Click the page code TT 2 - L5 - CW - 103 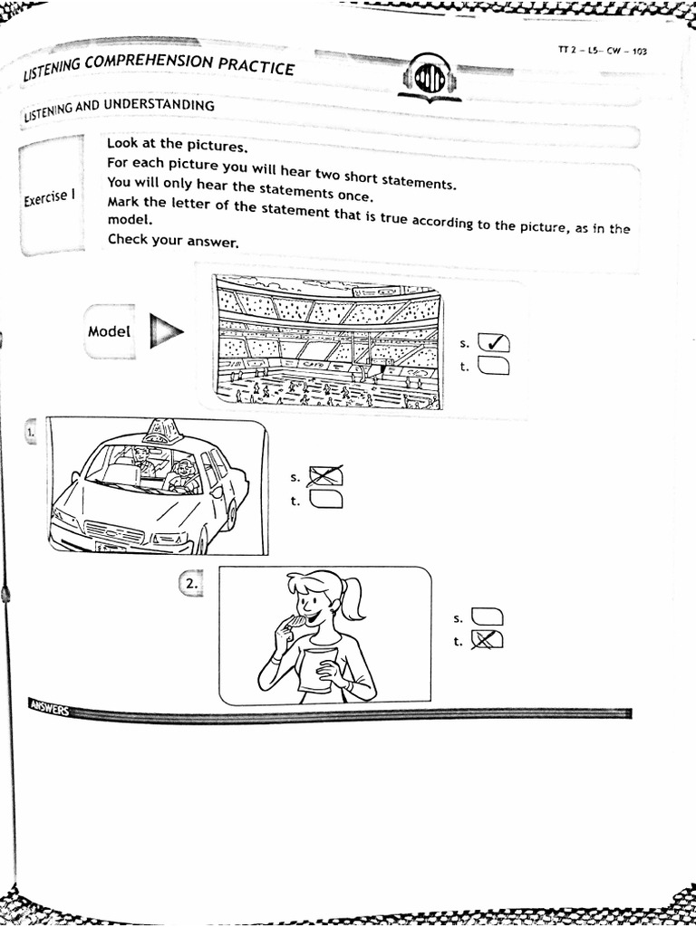click(x=602, y=53)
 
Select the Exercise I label click(x=49, y=198)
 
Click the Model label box click(x=110, y=331)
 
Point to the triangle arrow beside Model click(x=165, y=332)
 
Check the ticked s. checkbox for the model click(x=493, y=343)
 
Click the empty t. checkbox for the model click(x=493, y=366)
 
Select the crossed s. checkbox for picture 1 click(x=326, y=476)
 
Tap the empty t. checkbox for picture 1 click(x=326, y=499)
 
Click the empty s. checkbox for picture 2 click(x=488, y=618)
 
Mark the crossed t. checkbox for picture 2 click(x=488, y=641)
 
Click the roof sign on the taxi click(x=163, y=430)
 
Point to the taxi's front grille click(x=113, y=531)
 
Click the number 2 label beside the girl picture click(x=190, y=585)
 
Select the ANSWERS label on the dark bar click(x=48, y=706)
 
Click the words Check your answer click(x=172, y=241)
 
